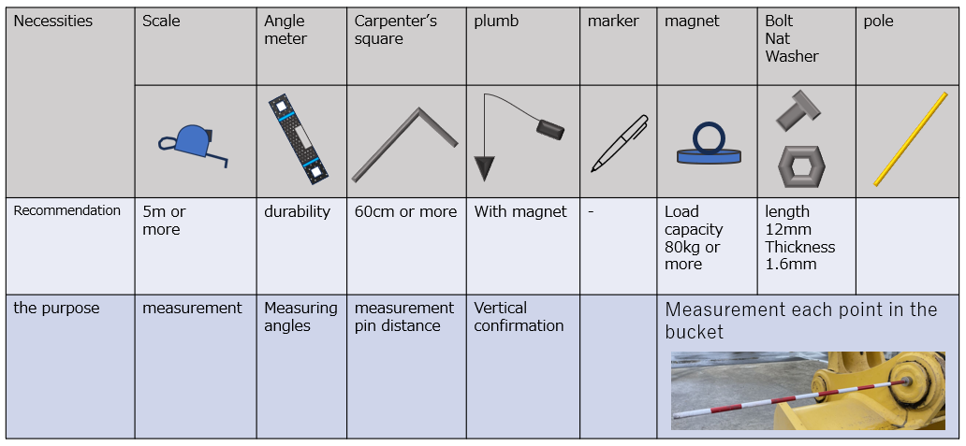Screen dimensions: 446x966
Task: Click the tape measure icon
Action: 192,142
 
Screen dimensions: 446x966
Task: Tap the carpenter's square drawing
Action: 405,140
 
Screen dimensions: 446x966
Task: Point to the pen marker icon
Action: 619,142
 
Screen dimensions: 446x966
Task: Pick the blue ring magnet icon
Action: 709,145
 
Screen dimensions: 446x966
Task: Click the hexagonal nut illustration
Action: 801,166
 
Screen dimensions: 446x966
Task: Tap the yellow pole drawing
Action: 910,138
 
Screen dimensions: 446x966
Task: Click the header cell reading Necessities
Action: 53,21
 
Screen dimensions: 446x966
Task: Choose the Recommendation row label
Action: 66,211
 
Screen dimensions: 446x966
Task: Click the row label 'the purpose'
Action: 56,309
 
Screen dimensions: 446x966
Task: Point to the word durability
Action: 297,212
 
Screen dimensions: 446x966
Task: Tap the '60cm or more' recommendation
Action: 405,212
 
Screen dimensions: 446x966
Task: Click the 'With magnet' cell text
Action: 520,212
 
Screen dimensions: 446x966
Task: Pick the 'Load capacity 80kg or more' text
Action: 693,237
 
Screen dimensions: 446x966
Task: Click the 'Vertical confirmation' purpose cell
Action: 519,317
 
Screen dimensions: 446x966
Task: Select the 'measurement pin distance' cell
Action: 403,317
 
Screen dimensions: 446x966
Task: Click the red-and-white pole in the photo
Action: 796,396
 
